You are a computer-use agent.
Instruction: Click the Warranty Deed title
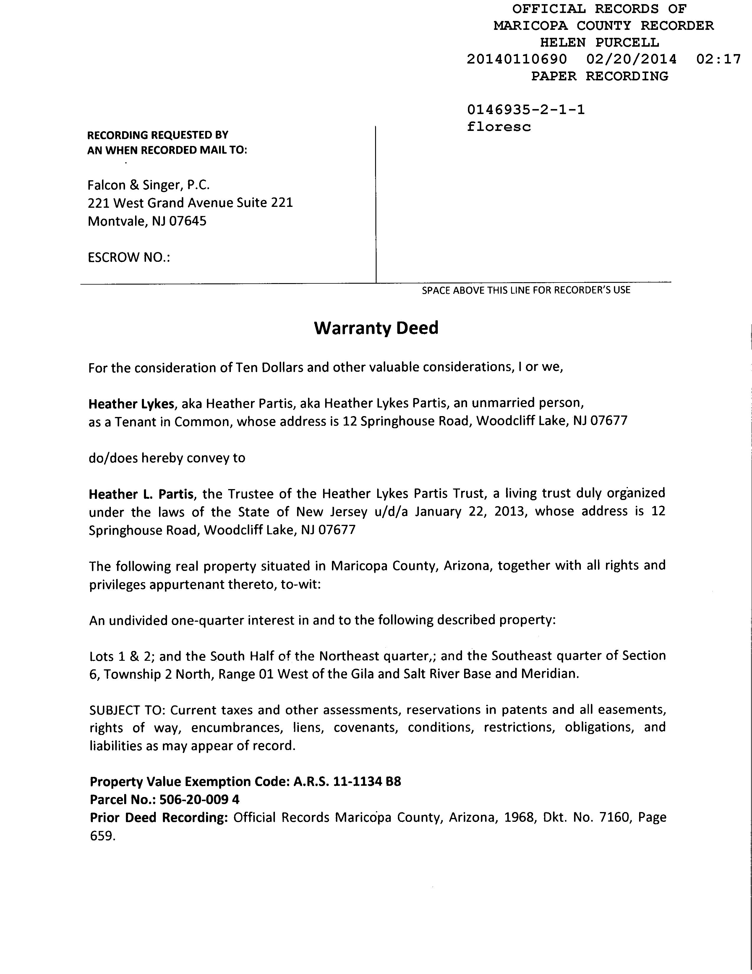[x=376, y=328]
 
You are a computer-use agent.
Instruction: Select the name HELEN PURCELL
[x=599, y=43]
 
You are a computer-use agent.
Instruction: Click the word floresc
[x=499, y=127]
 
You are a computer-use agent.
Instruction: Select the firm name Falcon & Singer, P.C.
[x=148, y=185]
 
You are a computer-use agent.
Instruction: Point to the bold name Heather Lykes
[x=131, y=404]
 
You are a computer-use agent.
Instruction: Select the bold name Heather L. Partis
[x=141, y=494]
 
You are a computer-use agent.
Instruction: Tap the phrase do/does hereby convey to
[x=167, y=458]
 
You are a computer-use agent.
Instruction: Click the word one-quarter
[x=208, y=620]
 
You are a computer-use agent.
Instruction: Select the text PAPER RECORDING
[x=599, y=76]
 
